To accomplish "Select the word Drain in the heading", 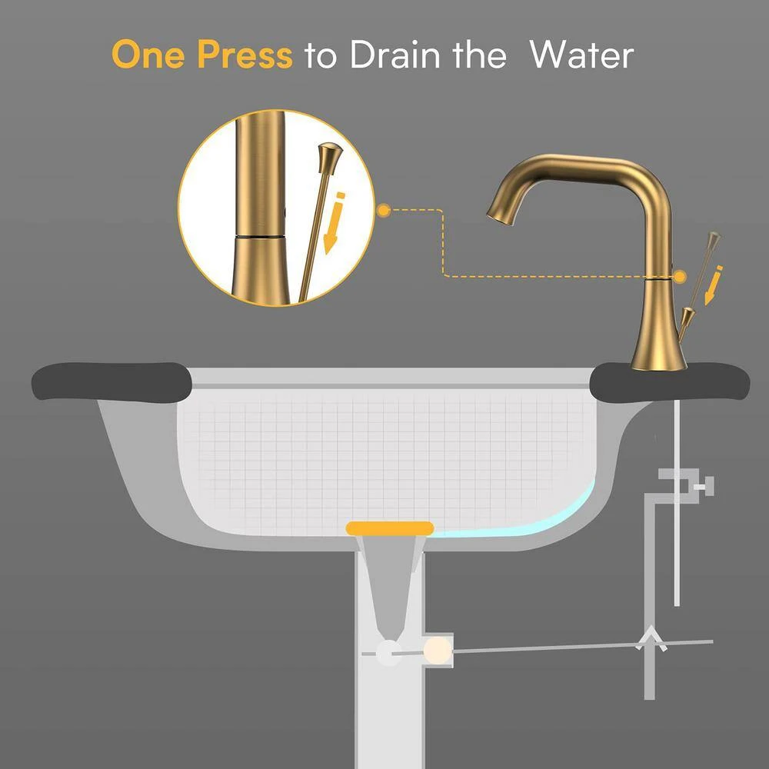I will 391,55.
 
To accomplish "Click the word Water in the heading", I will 582,55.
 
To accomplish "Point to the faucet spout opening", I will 498,216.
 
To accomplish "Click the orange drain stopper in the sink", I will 390,528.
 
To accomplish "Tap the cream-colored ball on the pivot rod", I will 437,649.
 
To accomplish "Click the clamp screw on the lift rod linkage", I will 706,484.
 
